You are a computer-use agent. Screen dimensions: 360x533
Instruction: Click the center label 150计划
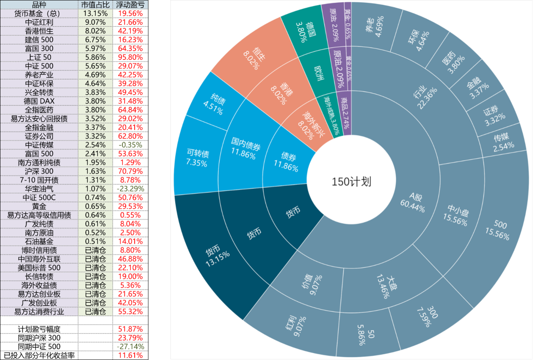(x=351, y=181)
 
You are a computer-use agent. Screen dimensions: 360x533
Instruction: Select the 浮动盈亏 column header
(x=130, y=5)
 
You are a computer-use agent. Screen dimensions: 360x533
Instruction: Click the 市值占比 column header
(x=95, y=5)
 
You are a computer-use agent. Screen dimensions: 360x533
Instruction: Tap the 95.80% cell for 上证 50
(x=130, y=57)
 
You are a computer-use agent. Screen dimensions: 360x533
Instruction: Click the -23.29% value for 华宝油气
(x=130, y=189)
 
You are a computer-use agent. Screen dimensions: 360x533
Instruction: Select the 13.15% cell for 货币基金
(x=95, y=13)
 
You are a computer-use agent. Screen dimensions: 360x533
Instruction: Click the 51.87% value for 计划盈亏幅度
(x=130, y=329)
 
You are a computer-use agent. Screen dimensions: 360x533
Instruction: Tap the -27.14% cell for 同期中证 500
(x=130, y=347)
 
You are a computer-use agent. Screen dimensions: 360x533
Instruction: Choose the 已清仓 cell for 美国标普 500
(x=95, y=267)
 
